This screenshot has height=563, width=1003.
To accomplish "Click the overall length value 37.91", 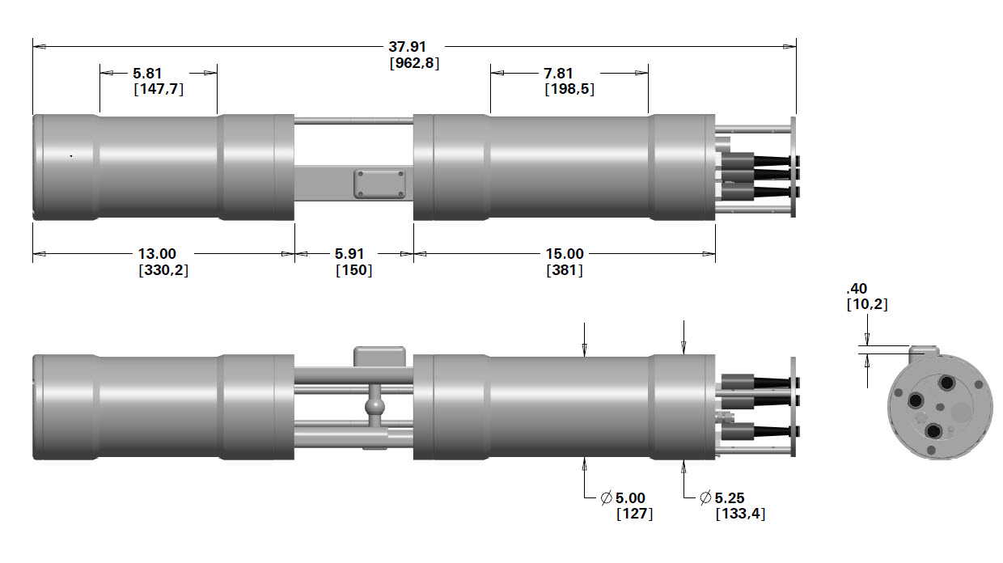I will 413,47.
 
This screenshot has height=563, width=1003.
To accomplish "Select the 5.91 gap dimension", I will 353,254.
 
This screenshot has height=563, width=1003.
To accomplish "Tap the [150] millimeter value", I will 353,270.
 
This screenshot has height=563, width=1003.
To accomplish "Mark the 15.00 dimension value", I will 564,254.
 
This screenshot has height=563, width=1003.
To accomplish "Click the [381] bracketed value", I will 564,270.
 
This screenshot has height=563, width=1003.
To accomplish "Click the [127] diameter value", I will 634,514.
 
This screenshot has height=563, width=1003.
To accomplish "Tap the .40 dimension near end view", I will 857,289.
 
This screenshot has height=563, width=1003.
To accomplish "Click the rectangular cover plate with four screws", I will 379,184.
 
